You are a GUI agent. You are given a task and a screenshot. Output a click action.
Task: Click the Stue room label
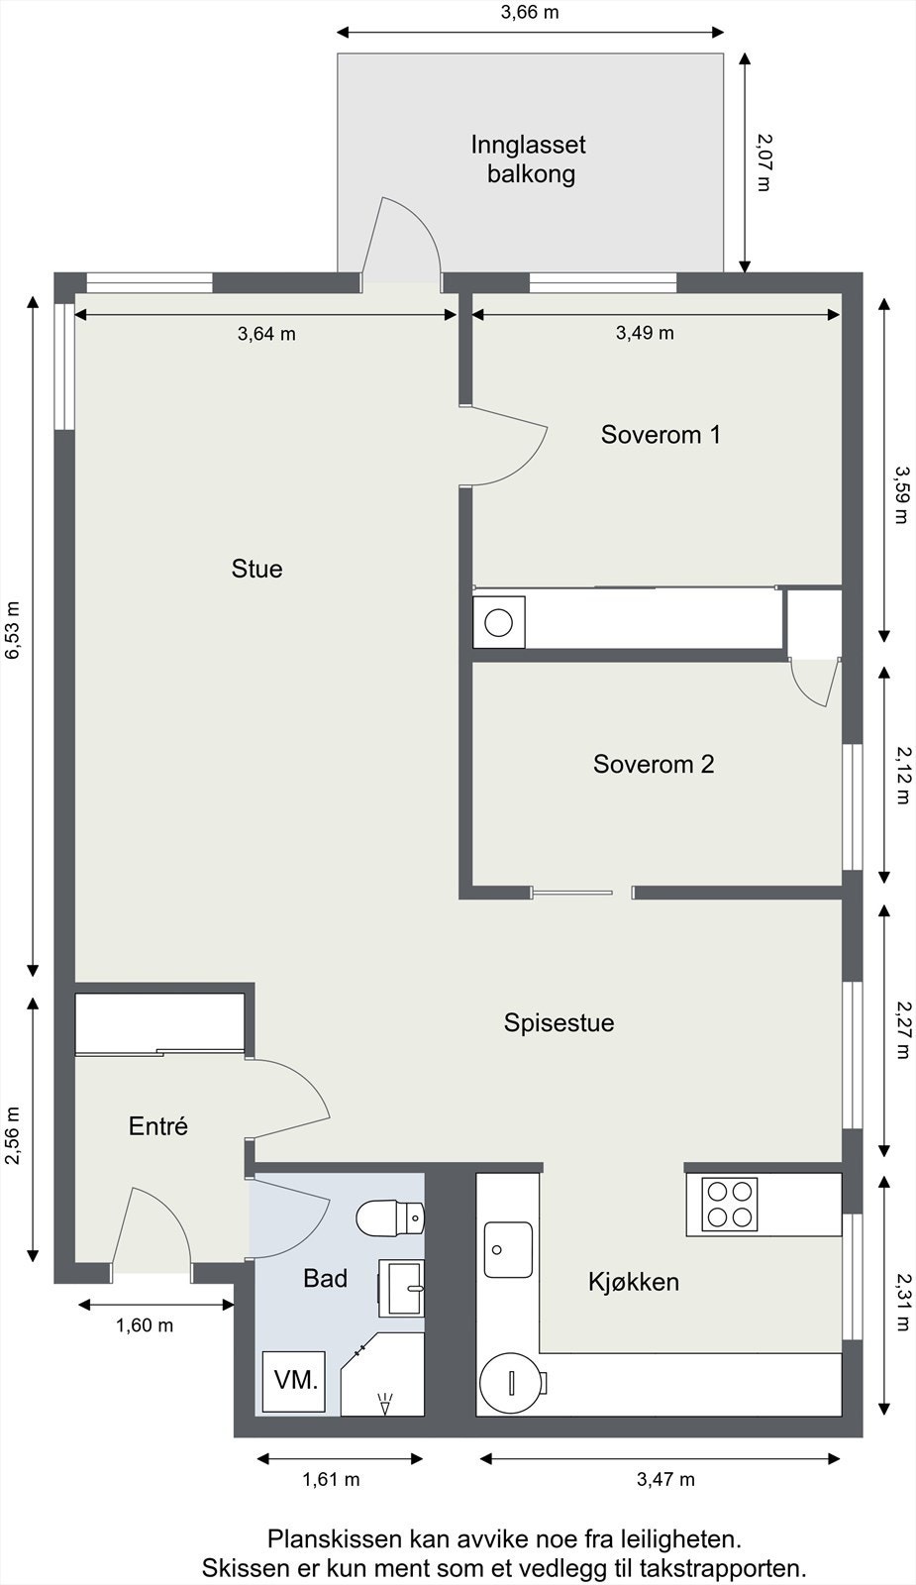click(256, 569)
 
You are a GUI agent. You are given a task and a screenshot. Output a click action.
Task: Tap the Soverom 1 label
click(661, 435)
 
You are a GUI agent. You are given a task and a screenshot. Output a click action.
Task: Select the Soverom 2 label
click(654, 764)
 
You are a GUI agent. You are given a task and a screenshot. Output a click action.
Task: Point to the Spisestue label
click(559, 1022)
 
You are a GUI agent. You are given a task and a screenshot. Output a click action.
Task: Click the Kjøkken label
click(634, 1282)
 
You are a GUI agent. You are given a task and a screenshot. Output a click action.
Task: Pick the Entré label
click(158, 1125)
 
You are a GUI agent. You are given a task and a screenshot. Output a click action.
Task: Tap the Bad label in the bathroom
click(326, 1278)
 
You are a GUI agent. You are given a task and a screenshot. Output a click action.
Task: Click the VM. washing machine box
click(294, 1381)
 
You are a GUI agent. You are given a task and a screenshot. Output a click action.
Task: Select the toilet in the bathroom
click(390, 1218)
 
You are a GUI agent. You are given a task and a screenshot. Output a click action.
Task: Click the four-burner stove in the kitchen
click(730, 1205)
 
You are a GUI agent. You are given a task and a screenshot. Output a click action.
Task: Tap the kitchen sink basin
click(508, 1249)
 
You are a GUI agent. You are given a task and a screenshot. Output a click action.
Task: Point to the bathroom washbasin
click(401, 1289)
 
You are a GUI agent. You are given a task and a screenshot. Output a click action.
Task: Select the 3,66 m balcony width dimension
click(530, 12)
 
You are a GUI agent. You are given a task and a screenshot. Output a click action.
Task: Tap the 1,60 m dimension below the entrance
click(145, 1325)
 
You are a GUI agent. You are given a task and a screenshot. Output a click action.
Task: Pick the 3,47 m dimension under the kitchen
click(665, 1480)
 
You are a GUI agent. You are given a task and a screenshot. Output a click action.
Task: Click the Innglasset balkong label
click(529, 159)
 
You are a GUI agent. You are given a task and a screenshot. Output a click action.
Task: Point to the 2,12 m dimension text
click(902, 776)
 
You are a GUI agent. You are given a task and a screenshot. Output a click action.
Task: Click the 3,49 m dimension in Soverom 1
click(645, 333)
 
